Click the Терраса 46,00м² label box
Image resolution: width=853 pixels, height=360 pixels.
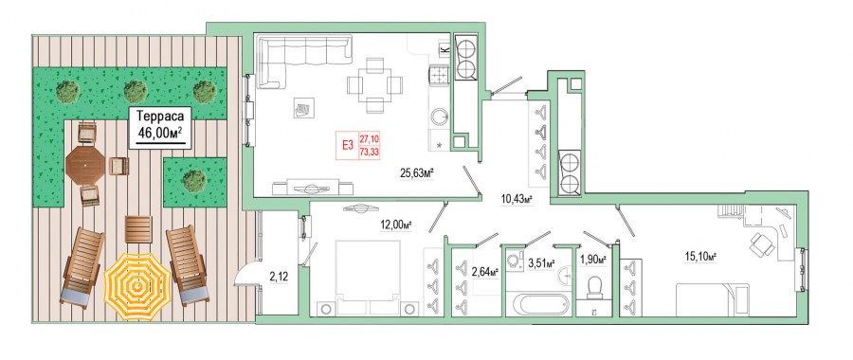(160, 127)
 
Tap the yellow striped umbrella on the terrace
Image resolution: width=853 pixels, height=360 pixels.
(137, 286)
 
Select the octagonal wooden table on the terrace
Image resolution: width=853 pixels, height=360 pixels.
(85, 165)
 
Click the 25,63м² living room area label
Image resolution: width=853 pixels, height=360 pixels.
(417, 174)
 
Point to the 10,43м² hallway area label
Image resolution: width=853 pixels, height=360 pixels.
(516, 199)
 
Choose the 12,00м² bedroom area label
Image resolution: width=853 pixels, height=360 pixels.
(395, 225)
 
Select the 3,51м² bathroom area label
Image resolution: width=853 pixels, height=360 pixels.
(541, 263)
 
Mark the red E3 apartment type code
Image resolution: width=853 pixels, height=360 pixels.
(347, 145)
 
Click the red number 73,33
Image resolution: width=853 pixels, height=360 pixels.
(370, 153)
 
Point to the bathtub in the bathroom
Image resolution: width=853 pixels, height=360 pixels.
(537, 303)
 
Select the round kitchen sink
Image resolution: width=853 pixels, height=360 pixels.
(440, 116)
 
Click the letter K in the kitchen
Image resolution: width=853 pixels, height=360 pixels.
(445, 50)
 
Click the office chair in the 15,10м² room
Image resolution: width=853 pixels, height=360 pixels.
(762, 243)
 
